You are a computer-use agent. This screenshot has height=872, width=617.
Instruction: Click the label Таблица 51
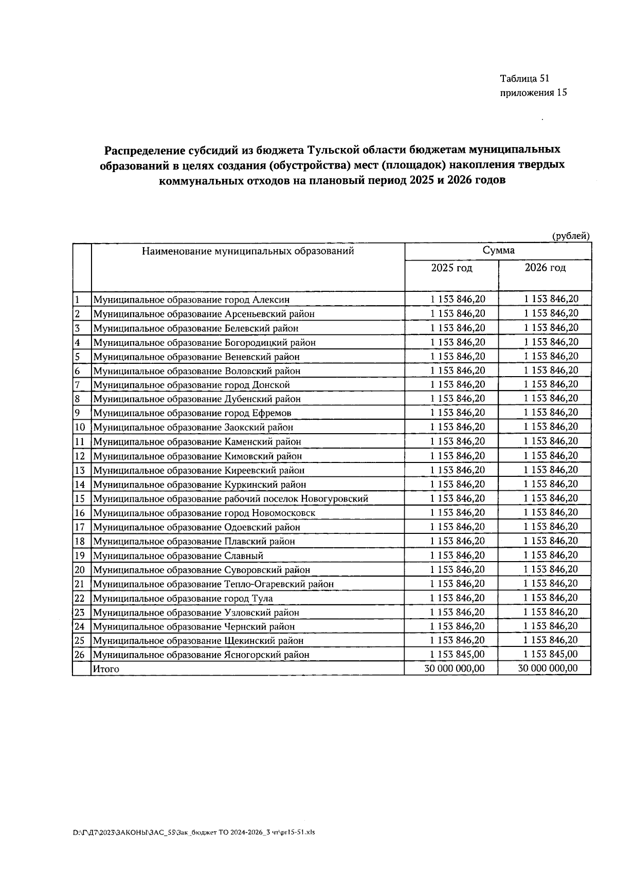click(x=524, y=79)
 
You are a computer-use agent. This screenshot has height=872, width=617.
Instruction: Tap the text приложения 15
click(x=533, y=93)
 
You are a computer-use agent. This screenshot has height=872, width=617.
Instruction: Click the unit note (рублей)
click(x=570, y=236)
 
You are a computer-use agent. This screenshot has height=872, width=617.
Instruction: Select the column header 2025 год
click(x=451, y=268)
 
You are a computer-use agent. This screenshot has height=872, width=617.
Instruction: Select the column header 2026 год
click(x=545, y=268)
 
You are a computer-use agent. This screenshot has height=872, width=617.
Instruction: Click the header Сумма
click(x=498, y=251)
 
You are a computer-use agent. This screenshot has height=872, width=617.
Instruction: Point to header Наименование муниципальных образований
click(x=248, y=251)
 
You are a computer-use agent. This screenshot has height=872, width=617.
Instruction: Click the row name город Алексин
click(x=191, y=300)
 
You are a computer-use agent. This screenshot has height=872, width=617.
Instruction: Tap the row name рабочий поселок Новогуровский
click(x=230, y=499)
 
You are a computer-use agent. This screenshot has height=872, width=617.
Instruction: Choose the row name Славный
click(x=178, y=556)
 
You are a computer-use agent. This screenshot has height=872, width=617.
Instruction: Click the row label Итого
click(x=106, y=669)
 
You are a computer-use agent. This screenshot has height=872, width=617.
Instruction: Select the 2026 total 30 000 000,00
click(x=548, y=669)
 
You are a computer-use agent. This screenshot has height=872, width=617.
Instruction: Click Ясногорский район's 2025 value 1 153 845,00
click(x=457, y=655)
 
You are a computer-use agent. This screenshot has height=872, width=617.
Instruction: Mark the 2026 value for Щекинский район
click(x=551, y=640)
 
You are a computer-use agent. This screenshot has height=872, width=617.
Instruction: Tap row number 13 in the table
click(x=80, y=470)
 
